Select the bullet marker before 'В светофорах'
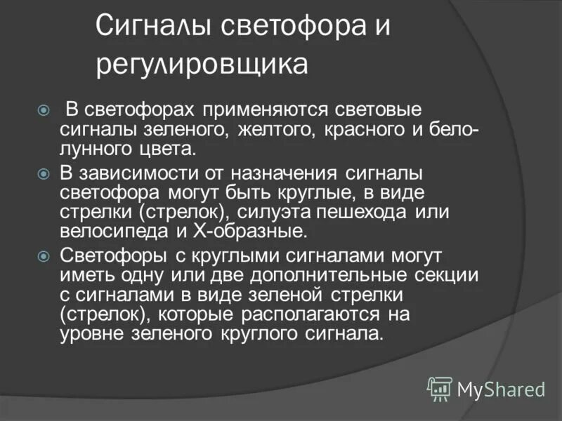pyautogui.click(x=44, y=110)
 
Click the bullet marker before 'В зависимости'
pyautogui.click(x=44, y=173)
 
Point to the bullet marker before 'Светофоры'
pyautogui.click(x=44, y=255)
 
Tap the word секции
pyautogui.click(x=447, y=274)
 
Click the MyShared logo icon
pyautogui.click(x=440, y=387)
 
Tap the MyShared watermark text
pyautogui.click(x=501, y=389)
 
